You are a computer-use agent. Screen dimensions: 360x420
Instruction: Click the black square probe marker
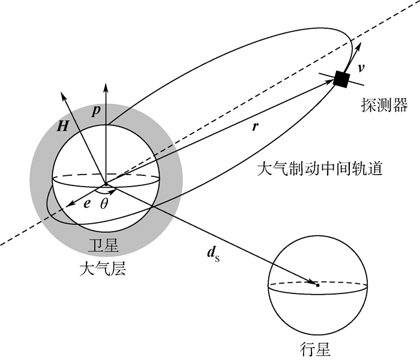click(x=342, y=79)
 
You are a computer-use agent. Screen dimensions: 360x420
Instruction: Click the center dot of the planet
click(x=317, y=284)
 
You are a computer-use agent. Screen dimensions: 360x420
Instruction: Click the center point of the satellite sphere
click(x=107, y=184)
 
